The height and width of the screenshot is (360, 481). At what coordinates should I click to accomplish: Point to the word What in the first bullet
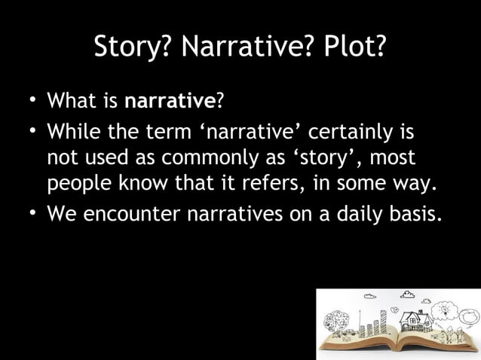point(69,99)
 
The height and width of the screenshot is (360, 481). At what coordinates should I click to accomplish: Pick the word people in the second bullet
point(76,185)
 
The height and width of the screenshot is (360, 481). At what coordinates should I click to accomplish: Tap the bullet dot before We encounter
point(32,212)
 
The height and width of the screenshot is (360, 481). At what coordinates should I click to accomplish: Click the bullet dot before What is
point(32,98)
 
